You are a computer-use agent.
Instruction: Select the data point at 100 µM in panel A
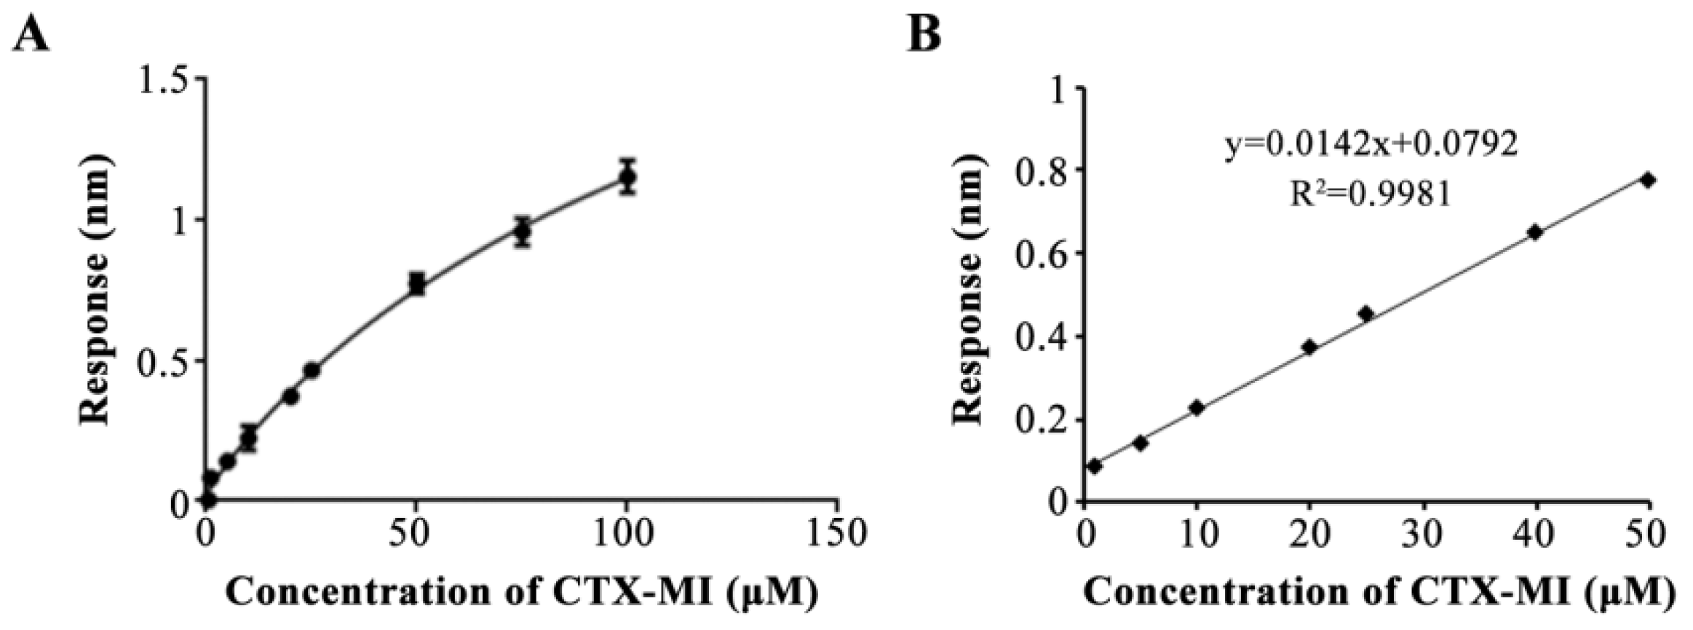point(627,176)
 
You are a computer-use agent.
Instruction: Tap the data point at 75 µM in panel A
point(522,232)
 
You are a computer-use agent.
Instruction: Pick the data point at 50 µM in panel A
point(416,283)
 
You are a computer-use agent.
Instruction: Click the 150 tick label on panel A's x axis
point(838,533)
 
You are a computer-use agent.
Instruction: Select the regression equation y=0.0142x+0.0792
point(1371,145)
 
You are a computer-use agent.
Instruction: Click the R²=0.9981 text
point(1371,194)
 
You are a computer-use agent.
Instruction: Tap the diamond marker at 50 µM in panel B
point(1648,180)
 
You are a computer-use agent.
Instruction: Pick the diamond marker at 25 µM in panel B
point(1365,314)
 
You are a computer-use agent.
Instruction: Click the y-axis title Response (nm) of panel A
point(95,290)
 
